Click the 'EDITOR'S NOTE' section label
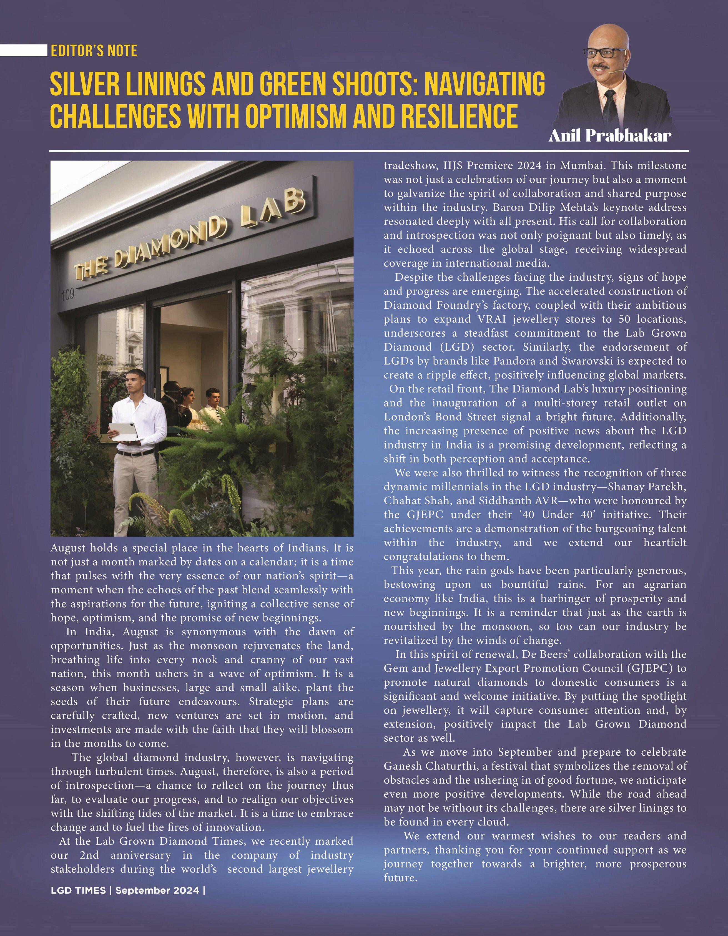pos(94,51)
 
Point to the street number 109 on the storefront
pos(68,294)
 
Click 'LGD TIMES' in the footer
pos(78,890)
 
